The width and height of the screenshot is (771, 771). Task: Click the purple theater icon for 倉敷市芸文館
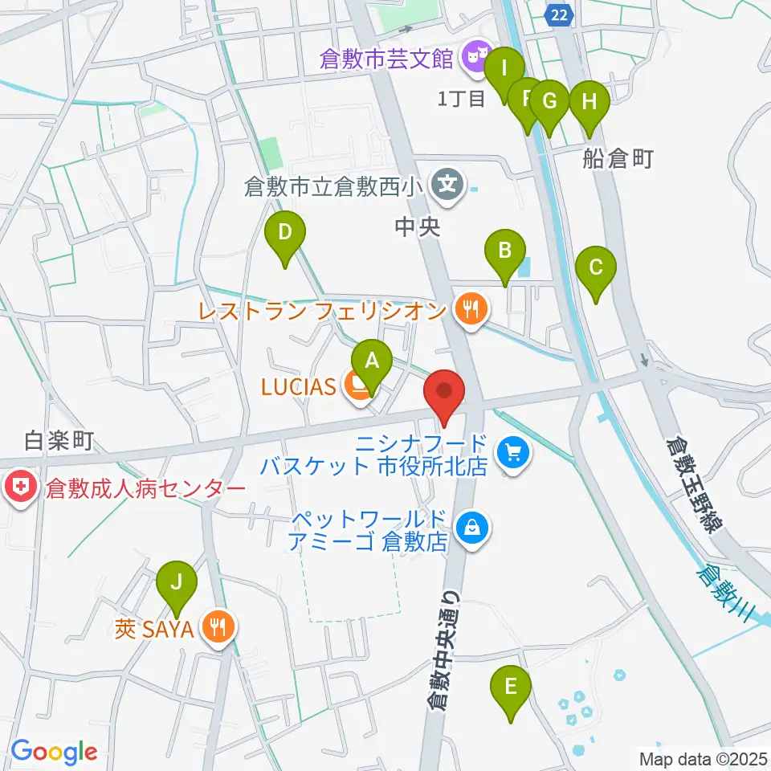tap(475, 57)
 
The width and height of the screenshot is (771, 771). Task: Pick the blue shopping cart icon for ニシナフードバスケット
tap(511, 453)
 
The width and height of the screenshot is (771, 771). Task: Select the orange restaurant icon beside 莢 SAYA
tap(217, 626)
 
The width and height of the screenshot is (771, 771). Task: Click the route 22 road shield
tap(561, 14)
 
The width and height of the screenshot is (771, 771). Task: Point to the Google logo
tap(54, 752)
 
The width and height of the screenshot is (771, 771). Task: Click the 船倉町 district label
tap(617, 160)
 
